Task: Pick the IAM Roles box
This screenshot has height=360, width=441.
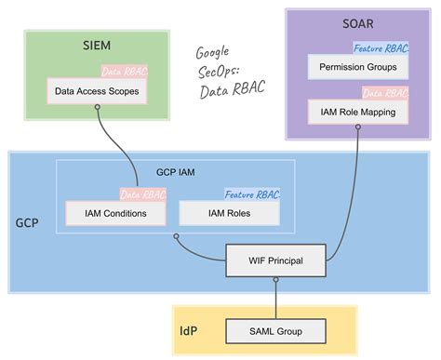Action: tap(229, 213)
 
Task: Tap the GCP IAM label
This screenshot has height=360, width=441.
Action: tap(176, 172)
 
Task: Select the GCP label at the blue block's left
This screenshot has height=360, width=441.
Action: tap(29, 224)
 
